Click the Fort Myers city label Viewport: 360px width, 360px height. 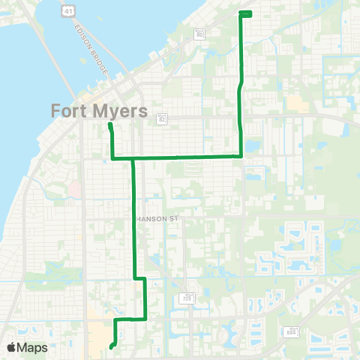100,110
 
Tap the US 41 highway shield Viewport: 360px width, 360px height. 68,10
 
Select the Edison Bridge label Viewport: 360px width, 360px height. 92,49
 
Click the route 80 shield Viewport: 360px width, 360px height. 199,34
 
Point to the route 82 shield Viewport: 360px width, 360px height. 161,118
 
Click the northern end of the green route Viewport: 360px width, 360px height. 245,13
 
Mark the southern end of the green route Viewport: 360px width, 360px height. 110,347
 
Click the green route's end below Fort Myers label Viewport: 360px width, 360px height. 109,125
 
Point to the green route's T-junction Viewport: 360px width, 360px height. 133,158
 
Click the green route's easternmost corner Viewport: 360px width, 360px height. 241,156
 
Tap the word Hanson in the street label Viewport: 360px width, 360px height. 150,219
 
